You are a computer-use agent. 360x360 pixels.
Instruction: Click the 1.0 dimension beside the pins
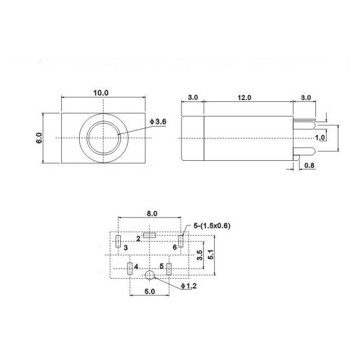[x=321, y=138]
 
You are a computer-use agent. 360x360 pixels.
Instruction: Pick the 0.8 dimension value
[x=309, y=167]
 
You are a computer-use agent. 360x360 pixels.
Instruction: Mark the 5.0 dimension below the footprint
[x=149, y=291]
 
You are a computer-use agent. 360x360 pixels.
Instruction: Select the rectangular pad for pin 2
[x=150, y=235]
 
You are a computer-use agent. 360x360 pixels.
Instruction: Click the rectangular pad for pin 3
[x=117, y=241]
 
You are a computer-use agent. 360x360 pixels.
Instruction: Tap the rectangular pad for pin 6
[x=181, y=241]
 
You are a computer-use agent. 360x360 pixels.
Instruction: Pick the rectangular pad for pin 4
[x=130, y=268]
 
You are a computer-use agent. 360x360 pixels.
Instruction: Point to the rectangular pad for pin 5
[x=169, y=268]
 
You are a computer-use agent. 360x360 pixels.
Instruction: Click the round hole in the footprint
[x=150, y=275]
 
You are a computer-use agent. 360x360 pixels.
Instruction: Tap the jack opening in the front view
[x=103, y=138]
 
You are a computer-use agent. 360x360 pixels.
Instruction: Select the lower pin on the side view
[x=306, y=152]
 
